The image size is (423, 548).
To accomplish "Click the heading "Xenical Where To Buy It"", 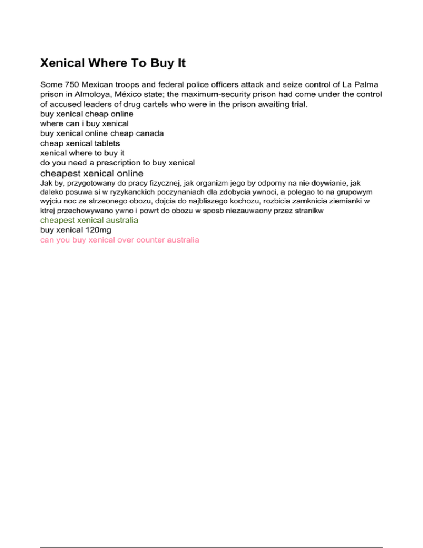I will (113, 63).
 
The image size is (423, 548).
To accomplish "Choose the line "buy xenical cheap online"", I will (86, 114).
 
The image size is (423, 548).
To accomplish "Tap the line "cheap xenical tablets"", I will (79, 143).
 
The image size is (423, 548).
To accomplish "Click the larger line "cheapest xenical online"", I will (91, 173).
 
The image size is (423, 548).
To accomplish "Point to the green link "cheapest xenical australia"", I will (89, 219).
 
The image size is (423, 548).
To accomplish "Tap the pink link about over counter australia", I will (120, 240).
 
